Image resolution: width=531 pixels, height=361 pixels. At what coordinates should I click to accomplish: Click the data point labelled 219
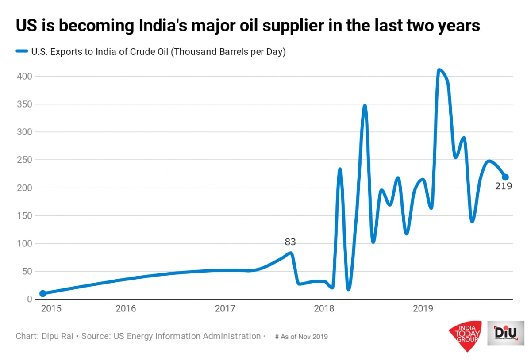pos(505,177)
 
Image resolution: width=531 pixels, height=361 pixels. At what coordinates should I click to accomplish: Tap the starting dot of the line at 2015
pos(42,293)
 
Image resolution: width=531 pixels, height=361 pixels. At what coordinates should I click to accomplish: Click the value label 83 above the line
pos(290,242)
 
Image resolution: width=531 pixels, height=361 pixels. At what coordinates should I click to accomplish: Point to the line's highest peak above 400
pos(439,70)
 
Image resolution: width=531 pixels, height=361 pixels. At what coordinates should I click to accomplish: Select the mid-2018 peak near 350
pos(365,106)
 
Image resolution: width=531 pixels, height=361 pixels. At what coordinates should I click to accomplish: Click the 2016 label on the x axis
pos(126,308)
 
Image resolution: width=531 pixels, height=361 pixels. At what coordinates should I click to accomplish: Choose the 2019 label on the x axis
pos(422,308)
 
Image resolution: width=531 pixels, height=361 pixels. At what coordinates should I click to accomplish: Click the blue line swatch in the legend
pos(22,51)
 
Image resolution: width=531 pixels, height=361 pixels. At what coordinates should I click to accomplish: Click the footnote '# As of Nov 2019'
pos(301,337)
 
